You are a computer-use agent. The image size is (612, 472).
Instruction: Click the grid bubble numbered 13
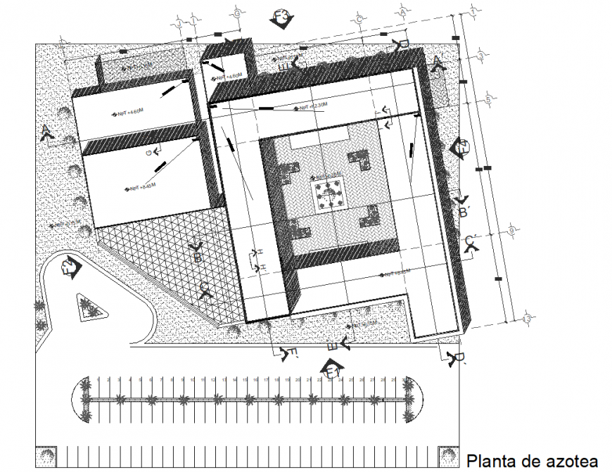click(x=527, y=320)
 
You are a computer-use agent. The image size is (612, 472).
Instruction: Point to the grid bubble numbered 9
click(x=511, y=231)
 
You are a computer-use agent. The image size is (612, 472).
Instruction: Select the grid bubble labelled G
click(x=238, y=13)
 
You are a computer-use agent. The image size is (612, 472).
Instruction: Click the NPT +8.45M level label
click(x=139, y=188)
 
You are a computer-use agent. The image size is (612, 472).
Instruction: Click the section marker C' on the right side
click(x=473, y=243)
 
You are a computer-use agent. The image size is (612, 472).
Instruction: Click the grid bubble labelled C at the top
click(x=359, y=18)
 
